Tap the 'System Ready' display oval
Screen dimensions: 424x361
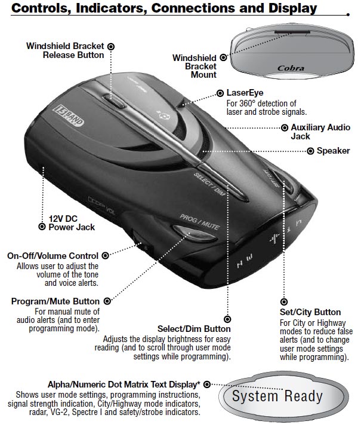[x=277, y=396]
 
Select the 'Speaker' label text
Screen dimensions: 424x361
[x=334, y=151]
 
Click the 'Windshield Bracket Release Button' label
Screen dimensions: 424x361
[x=65, y=50]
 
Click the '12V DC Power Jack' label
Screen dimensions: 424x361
[x=71, y=222]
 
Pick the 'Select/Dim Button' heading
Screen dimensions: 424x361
[x=194, y=330]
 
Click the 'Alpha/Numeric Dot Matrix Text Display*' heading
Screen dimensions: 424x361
[x=124, y=384]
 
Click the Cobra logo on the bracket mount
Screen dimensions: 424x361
[x=291, y=69]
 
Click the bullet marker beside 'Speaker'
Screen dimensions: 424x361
[x=310, y=151]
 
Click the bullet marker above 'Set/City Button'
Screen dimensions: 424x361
[x=284, y=303]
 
